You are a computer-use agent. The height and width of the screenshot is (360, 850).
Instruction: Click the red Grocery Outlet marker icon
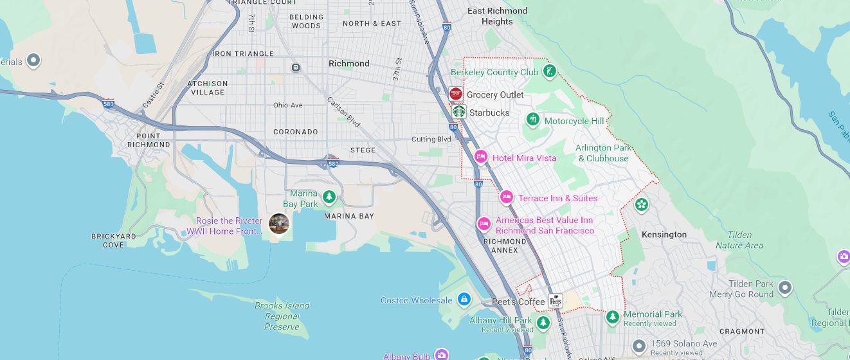click(x=456, y=94)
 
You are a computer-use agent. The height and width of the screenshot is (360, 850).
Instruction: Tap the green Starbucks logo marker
click(x=458, y=112)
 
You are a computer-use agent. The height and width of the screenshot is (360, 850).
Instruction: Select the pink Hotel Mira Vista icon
click(x=480, y=157)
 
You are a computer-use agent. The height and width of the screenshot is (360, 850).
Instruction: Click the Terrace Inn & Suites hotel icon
click(x=507, y=197)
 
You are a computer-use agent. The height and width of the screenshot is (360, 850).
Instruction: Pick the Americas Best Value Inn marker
click(x=484, y=224)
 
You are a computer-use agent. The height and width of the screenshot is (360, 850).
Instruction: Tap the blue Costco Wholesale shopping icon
click(x=464, y=300)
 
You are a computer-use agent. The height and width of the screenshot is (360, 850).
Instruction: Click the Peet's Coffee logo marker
click(x=556, y=301)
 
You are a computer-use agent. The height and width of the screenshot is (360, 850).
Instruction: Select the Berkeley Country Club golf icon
click(x=549, y=71)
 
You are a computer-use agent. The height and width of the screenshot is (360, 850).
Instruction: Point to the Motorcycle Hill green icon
click(x=532, y=120)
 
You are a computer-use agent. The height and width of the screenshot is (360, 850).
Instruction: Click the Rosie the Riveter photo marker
click(x=278, y=224)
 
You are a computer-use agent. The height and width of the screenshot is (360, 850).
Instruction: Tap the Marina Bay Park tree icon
click(x=329, y=195)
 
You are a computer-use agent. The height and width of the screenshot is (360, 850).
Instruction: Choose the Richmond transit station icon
click(x=296, y=67)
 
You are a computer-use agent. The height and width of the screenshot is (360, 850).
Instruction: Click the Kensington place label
click(x=664, y=235)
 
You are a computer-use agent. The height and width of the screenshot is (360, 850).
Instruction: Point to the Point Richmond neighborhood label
click(x=153, y=140)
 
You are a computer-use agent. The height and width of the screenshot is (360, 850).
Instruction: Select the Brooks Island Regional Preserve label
click(x=282, y=316)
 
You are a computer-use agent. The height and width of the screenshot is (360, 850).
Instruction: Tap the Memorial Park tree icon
click(x=613, y=316)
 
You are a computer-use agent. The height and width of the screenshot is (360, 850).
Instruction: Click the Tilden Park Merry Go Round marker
click(x=784, y=287)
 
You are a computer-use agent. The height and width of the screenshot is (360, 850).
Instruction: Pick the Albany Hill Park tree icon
click(x=543, y=321)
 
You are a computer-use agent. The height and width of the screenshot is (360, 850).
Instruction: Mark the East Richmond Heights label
click(x=497, y=16)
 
